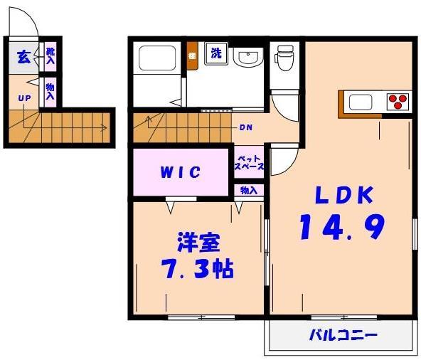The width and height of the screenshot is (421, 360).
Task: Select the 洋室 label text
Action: click(x=198, y=242)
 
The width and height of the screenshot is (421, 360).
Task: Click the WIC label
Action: click(x=181, y=172)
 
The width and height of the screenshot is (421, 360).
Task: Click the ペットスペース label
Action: click(x=249, y=162)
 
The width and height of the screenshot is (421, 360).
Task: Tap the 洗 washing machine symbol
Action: click(x=214, y=52)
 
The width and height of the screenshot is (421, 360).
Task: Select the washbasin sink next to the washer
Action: click(x=247, y=56)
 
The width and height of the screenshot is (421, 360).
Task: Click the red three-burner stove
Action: click(x=397, y=101)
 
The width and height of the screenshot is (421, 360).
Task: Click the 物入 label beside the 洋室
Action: click(x=248, y=191)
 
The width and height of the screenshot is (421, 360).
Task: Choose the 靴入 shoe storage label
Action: click(x=50, y=56)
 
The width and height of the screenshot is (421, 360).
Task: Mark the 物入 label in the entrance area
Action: click(x=50, y=92)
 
